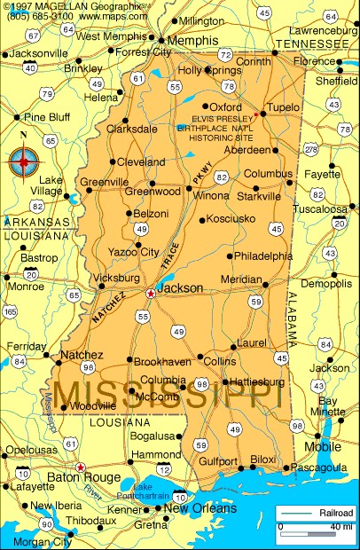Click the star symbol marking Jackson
coord(151,294)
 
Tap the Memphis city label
coord(192,41)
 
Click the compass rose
coord(25,161)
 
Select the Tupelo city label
coord(284,107)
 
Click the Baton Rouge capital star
coord(80,467)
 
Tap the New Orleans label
coord(200,509)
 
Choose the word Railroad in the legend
coord(336,514)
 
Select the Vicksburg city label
coord(116,278)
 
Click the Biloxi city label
coord(263,459)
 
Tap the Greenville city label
coord(105,183)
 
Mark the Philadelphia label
coord(263,255)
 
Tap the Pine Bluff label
coord(47,116)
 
